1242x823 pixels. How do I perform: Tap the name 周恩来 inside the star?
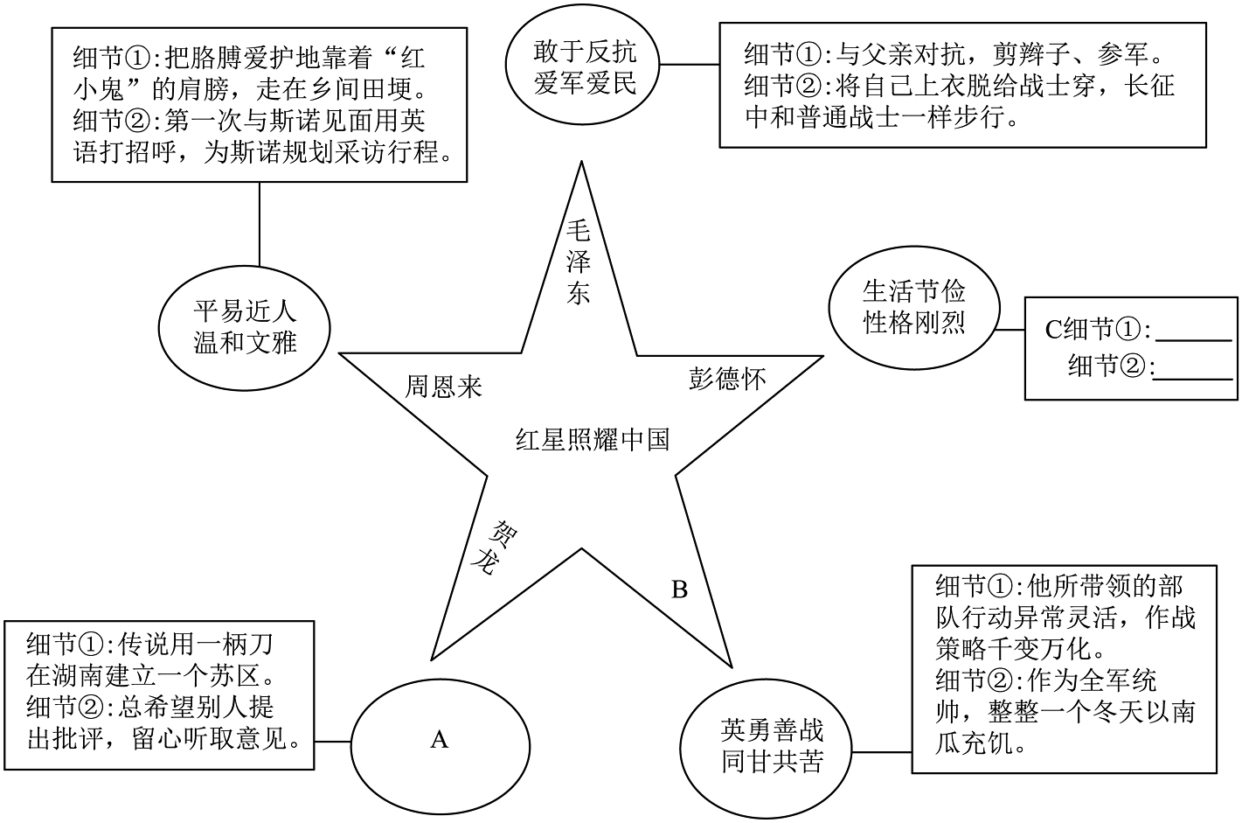[443, 387]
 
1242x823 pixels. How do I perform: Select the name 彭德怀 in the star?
[727, 379]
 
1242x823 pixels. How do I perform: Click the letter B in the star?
[679, 589]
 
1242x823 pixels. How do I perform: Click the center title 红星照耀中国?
[593, 439]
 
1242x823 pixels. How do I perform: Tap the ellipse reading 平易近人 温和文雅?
[244, 325]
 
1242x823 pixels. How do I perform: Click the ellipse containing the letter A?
[440, 741]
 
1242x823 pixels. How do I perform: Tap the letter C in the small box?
[1053, 330]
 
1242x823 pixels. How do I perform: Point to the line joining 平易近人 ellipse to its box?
[260, 223]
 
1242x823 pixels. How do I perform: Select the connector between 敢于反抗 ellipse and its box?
[690, 65]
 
